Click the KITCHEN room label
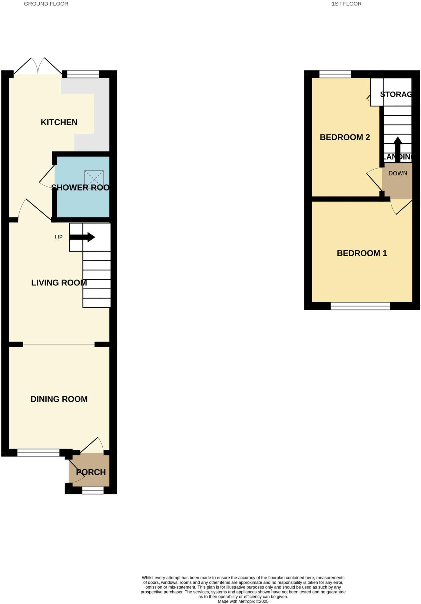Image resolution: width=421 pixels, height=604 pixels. pyautogui.click(x=59, y=122)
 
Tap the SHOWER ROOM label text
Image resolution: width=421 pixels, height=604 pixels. pyautogui.click(x=80, y=188)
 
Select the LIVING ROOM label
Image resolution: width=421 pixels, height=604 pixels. pyautogui.click(x=59, y=283)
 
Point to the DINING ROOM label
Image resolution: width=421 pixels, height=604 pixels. pyautogui.click(x=59, y=399)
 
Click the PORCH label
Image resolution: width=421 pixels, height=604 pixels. pyautogui.click(x=91, y=472)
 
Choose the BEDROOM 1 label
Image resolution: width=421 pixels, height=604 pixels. pyautogui.click(x=362, y=253)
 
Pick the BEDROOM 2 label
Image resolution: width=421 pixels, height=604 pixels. pyautogui.click(x=344, y=137)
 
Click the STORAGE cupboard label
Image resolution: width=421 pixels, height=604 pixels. pyautogui.click(x=395, y=94)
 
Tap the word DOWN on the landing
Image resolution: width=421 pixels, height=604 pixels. pyautogui.click(x=397, y=173)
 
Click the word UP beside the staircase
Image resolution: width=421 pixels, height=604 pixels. pyautogui.click(x=59, y=237)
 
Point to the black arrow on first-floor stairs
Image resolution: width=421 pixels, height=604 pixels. pyautogui.click(x=397, y=149)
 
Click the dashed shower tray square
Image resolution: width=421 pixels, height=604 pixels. pyautogui.click(x=94, y=179)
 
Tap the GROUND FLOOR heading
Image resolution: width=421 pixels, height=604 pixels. pyautogui.click(x=46, y=4)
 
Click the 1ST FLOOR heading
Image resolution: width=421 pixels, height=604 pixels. pyautogui.click(x=346, y=4)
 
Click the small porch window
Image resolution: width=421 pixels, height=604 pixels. pyautogui.click(x=93, y=490)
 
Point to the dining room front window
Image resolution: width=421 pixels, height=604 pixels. pyautogui.click(x=38, y=453)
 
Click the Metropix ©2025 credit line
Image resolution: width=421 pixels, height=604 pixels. pyautogui.click(x=243, y=601)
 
